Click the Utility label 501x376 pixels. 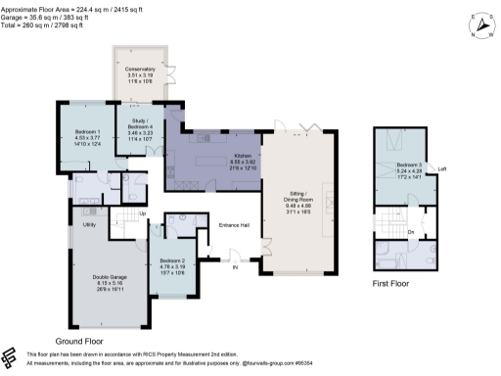(x=87, y=224)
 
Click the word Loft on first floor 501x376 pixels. (x=442, y=168)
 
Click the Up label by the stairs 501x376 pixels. (x=143, y=214)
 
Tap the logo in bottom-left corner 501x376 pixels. (x=12, y=356)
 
